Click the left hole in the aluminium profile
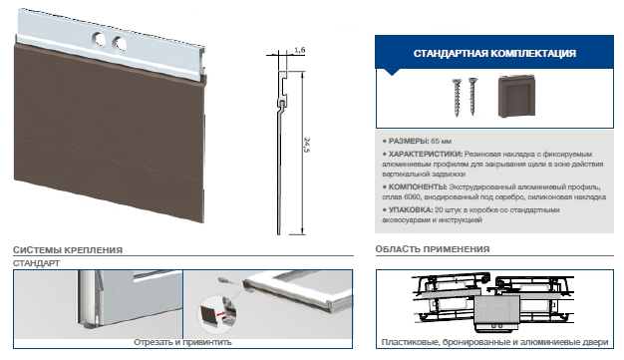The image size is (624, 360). [99, 40]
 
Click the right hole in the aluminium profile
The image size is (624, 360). [119, 44]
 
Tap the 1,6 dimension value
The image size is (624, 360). [300, 50]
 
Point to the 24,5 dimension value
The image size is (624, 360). [306, 146]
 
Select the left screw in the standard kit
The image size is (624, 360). [457, 98]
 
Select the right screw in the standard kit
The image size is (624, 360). [472, 97]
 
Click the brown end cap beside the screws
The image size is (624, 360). [516, 97]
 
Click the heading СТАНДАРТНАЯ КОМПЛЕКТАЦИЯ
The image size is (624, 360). [494, 54]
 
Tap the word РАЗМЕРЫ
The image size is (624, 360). [409, 141]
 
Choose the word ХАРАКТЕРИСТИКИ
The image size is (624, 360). [426, 155]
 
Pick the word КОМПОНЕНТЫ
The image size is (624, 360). [418, 186]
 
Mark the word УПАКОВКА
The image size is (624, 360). [411, 209]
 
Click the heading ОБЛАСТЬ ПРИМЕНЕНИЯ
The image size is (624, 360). [433, 249]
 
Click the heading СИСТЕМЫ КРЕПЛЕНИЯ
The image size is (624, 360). [68, 250]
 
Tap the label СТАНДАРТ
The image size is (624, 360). [36, 263]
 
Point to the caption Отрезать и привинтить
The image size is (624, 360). [182, 342]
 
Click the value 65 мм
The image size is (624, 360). [441, 141]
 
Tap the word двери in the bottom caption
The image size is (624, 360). [596, 342]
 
